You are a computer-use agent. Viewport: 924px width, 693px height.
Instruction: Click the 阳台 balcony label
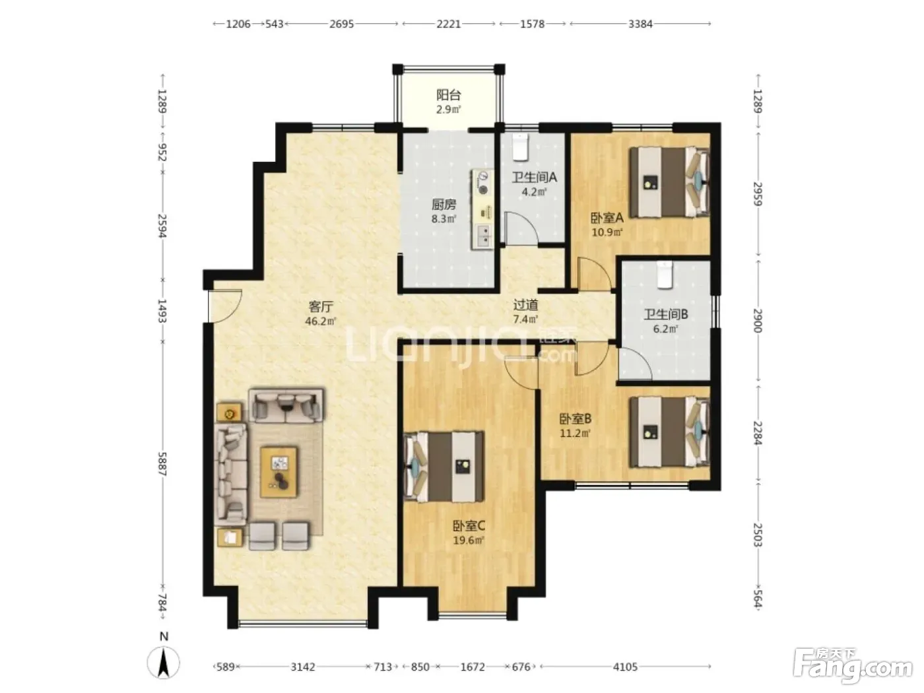448,94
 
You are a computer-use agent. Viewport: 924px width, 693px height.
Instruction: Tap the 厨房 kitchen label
444,205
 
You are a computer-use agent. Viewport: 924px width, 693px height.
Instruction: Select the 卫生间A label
534,178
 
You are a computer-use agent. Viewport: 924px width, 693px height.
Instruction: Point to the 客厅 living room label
321,306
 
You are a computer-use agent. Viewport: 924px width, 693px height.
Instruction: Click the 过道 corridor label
525,304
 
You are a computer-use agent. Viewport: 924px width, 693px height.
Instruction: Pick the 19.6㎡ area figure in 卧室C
469,540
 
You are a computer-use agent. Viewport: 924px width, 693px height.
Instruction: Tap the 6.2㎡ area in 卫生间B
665,329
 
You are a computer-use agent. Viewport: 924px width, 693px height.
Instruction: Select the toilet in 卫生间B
665,275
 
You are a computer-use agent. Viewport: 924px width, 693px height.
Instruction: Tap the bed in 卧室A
669,181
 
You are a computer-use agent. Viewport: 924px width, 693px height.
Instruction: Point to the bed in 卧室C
444,466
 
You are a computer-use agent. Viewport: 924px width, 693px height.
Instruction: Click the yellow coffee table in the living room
279,472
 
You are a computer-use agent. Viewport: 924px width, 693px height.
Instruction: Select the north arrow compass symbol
163,661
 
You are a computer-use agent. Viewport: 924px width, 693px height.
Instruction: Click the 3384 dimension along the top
640,24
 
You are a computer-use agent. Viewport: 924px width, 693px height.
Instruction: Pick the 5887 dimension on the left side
162,464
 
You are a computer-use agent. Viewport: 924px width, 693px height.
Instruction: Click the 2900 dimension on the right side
758,321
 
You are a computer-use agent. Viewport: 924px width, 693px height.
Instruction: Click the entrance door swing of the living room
225,306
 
